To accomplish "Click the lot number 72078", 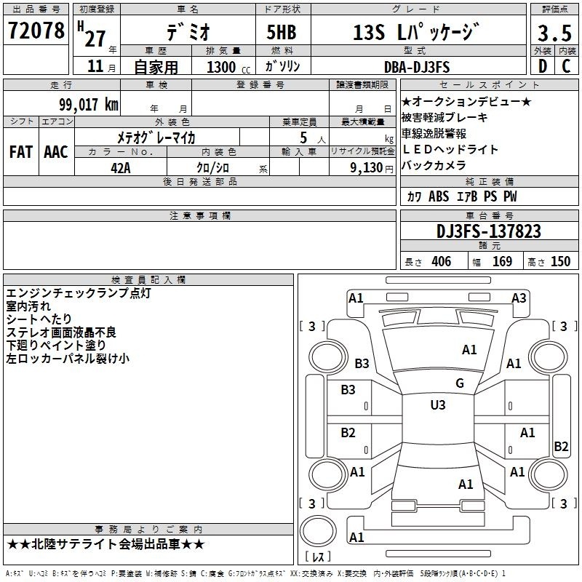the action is pos(36,30).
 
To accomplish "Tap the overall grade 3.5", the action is pos(554,33).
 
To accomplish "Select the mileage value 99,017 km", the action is pos(89,104).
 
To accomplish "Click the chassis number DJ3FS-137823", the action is pos(489,231).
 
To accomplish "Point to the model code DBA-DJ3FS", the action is pos(417,67).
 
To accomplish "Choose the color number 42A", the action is pos(121,168).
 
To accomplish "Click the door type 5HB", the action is pos(282,32).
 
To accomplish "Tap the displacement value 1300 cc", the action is pos(228,67).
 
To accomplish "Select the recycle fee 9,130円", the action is pos(372,168).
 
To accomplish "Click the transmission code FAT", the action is pos(21,152).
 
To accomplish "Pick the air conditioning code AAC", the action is pos(56,152).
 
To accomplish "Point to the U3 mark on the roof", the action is pos(438,404).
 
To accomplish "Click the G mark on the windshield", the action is pos(460,383).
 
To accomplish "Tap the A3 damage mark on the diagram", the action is pos(519,298).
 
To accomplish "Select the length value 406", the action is pos(442,261).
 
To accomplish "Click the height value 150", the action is pos(560,261).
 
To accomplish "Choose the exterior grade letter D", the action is pos(543,66).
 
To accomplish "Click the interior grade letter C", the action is pos(566,66).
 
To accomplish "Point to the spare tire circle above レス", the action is pos(318,531).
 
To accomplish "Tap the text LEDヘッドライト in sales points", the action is pos(450,149).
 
